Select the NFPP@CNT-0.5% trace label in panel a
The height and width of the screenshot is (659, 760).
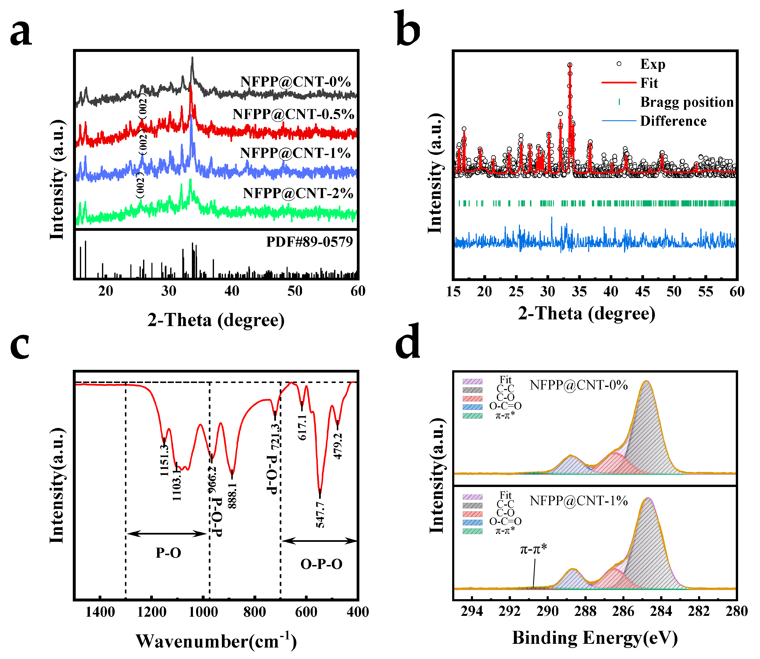click(x=293, y=114)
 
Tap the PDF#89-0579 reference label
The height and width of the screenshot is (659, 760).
click(x=309, y=242)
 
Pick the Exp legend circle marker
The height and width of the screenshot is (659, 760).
click(x=619, y=64)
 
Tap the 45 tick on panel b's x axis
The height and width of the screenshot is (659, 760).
click(x=642, y=292)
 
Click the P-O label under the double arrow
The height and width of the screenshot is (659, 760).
click(x=168, y=553)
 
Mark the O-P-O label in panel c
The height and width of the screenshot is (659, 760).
click(x=321, y=564)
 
